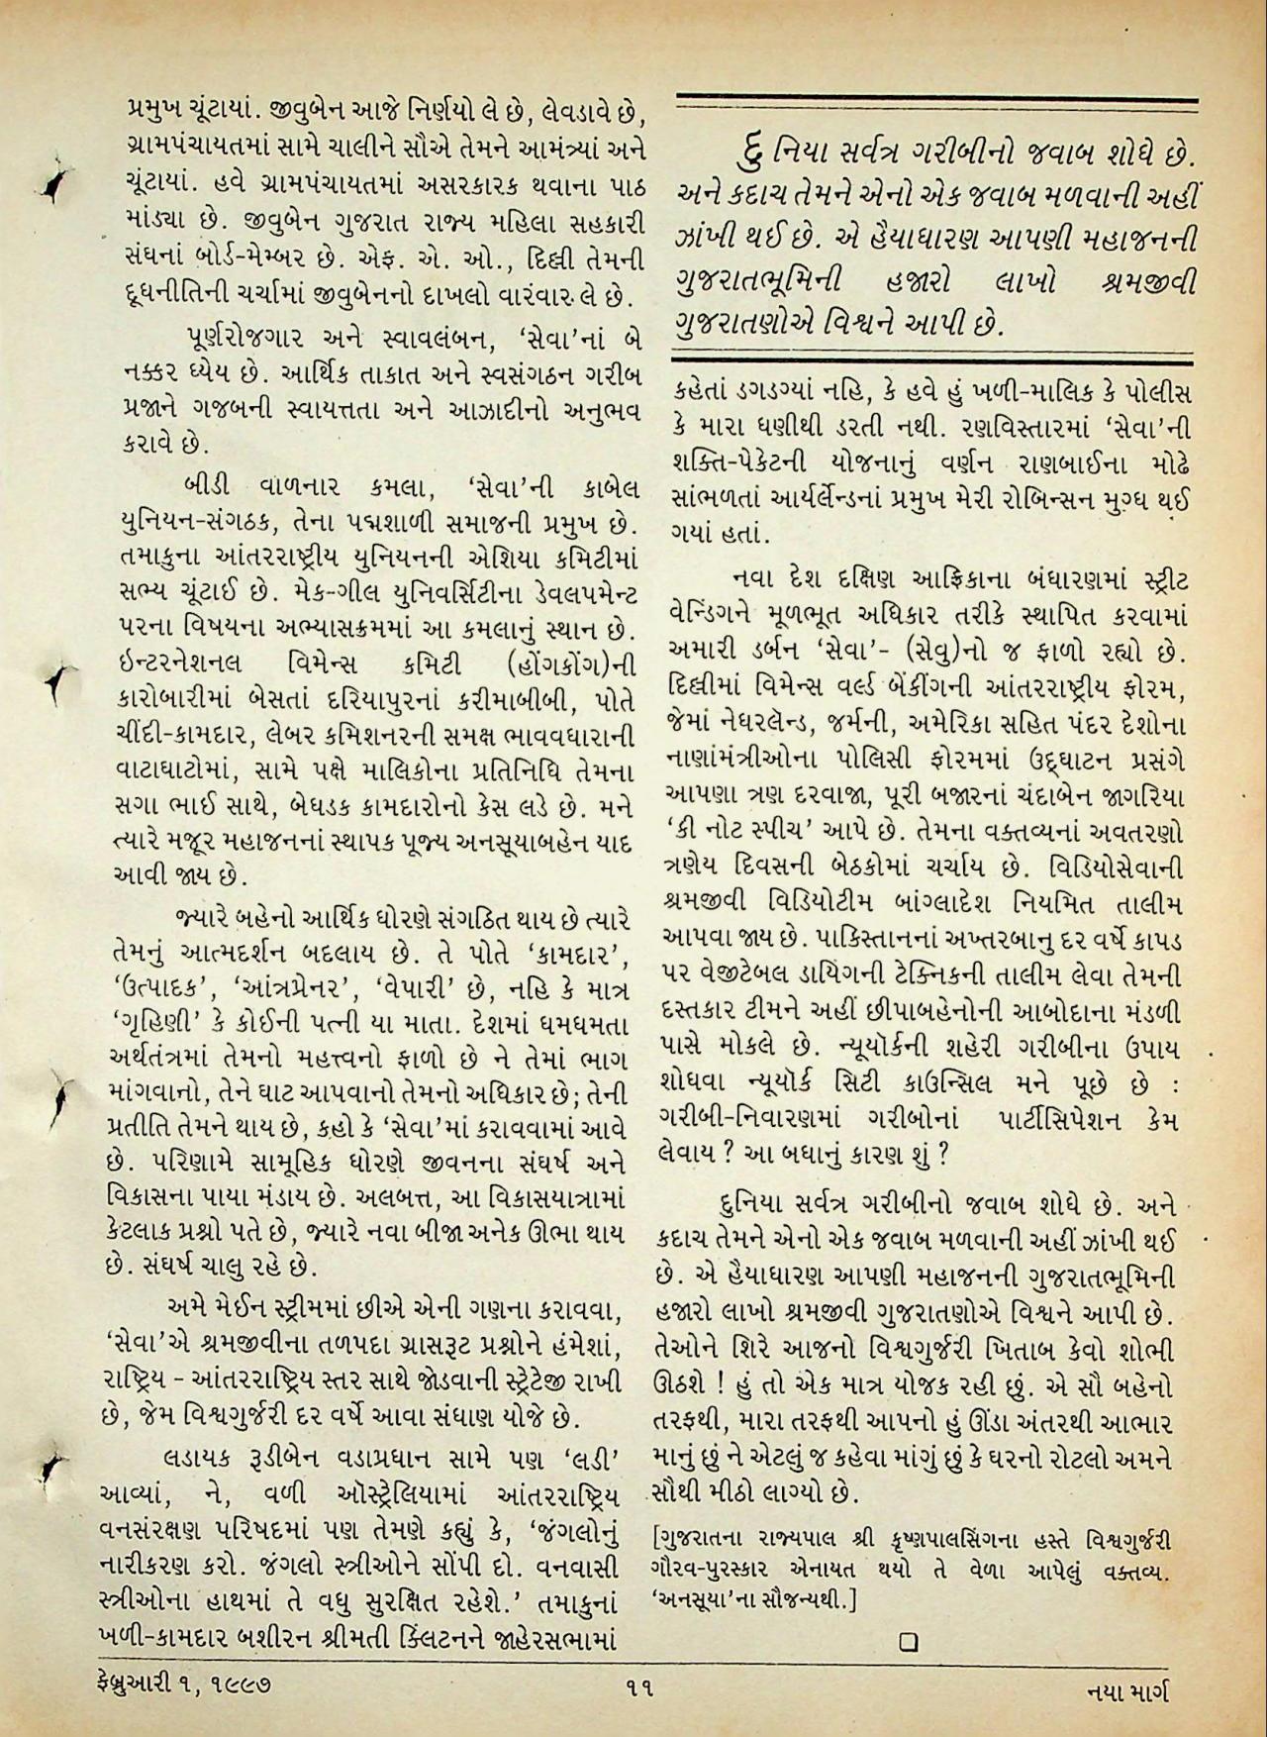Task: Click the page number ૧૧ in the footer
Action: pos(637,1680)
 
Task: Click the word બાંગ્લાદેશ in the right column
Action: pos(964,905)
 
